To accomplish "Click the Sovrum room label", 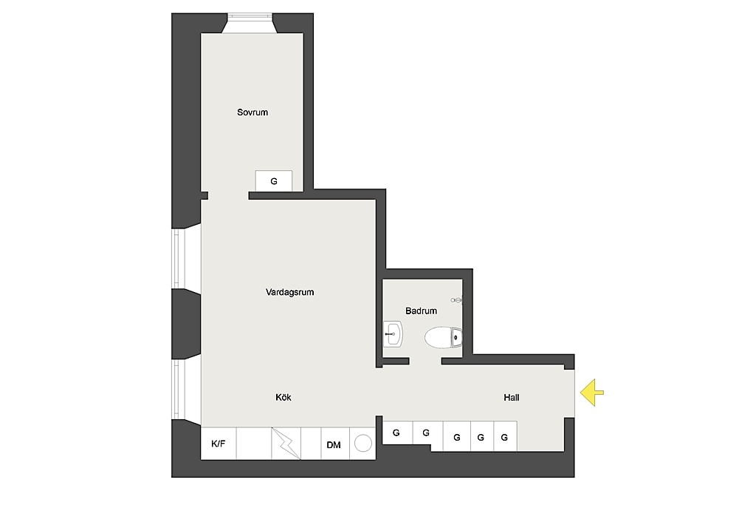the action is coord(252,112).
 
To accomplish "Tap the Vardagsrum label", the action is coord(289,292).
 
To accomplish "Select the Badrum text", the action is coord(421,311).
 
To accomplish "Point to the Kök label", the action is coord(283,397).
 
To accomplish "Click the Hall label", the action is coord(511,397).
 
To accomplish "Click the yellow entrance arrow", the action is coord(591,393).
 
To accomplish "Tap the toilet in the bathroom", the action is coord(443,337).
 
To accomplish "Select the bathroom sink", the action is coord(393,334).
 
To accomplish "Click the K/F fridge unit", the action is coord(219,444).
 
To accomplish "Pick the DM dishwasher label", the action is coord(334,445).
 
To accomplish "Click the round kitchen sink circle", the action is coord(363,443).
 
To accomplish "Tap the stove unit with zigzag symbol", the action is coord(286,444).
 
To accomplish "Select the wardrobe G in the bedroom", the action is coord(274,181).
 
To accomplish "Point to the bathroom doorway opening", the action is coord(425,361).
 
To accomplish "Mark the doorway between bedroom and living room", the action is coord(228,195).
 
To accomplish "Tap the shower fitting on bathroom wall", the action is coord(456,299).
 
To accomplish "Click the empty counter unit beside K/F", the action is coord(254,444).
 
